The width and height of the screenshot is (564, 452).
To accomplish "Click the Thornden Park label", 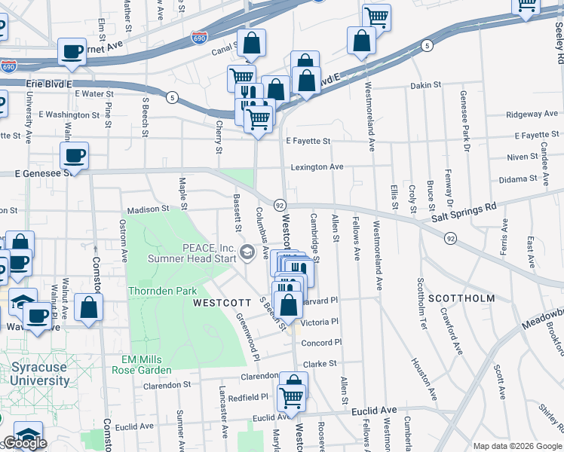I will pyautogui.click(x=163, y=291).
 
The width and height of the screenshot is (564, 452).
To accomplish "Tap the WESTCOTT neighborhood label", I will pyautogui.click(x=222, y=303).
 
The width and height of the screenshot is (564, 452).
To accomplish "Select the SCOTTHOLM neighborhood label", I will pyautogui.click(x=461, y=298).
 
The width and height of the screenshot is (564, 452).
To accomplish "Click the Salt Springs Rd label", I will pyautogui.click(x=464, y=206).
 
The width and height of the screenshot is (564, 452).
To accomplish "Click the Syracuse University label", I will pyautogui.click(x=40, y=374).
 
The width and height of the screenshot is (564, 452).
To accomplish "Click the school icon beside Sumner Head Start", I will pyautogui.click(x=247, y=252).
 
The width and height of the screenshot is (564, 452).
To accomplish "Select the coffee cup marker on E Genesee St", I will pyautogui.click(x=74, y=156).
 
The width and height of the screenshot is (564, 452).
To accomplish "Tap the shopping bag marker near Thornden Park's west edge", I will pyautogui.click(x=89, y=307).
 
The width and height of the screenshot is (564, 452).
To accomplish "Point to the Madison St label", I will pyautogui.click(x=148, y=209).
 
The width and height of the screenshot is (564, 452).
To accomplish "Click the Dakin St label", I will pyautogui.click(x=425, y=85).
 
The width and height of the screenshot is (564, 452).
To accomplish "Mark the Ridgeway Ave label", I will pyautogui.click(x=532, y=115).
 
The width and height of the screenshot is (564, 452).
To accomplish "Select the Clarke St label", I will pyautogui.click(x=319, y=364).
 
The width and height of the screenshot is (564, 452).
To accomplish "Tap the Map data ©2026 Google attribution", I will pyautogui.click(x=516, y=446).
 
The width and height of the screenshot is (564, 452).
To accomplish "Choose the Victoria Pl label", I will pyautogui.click(x=320, y=322).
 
